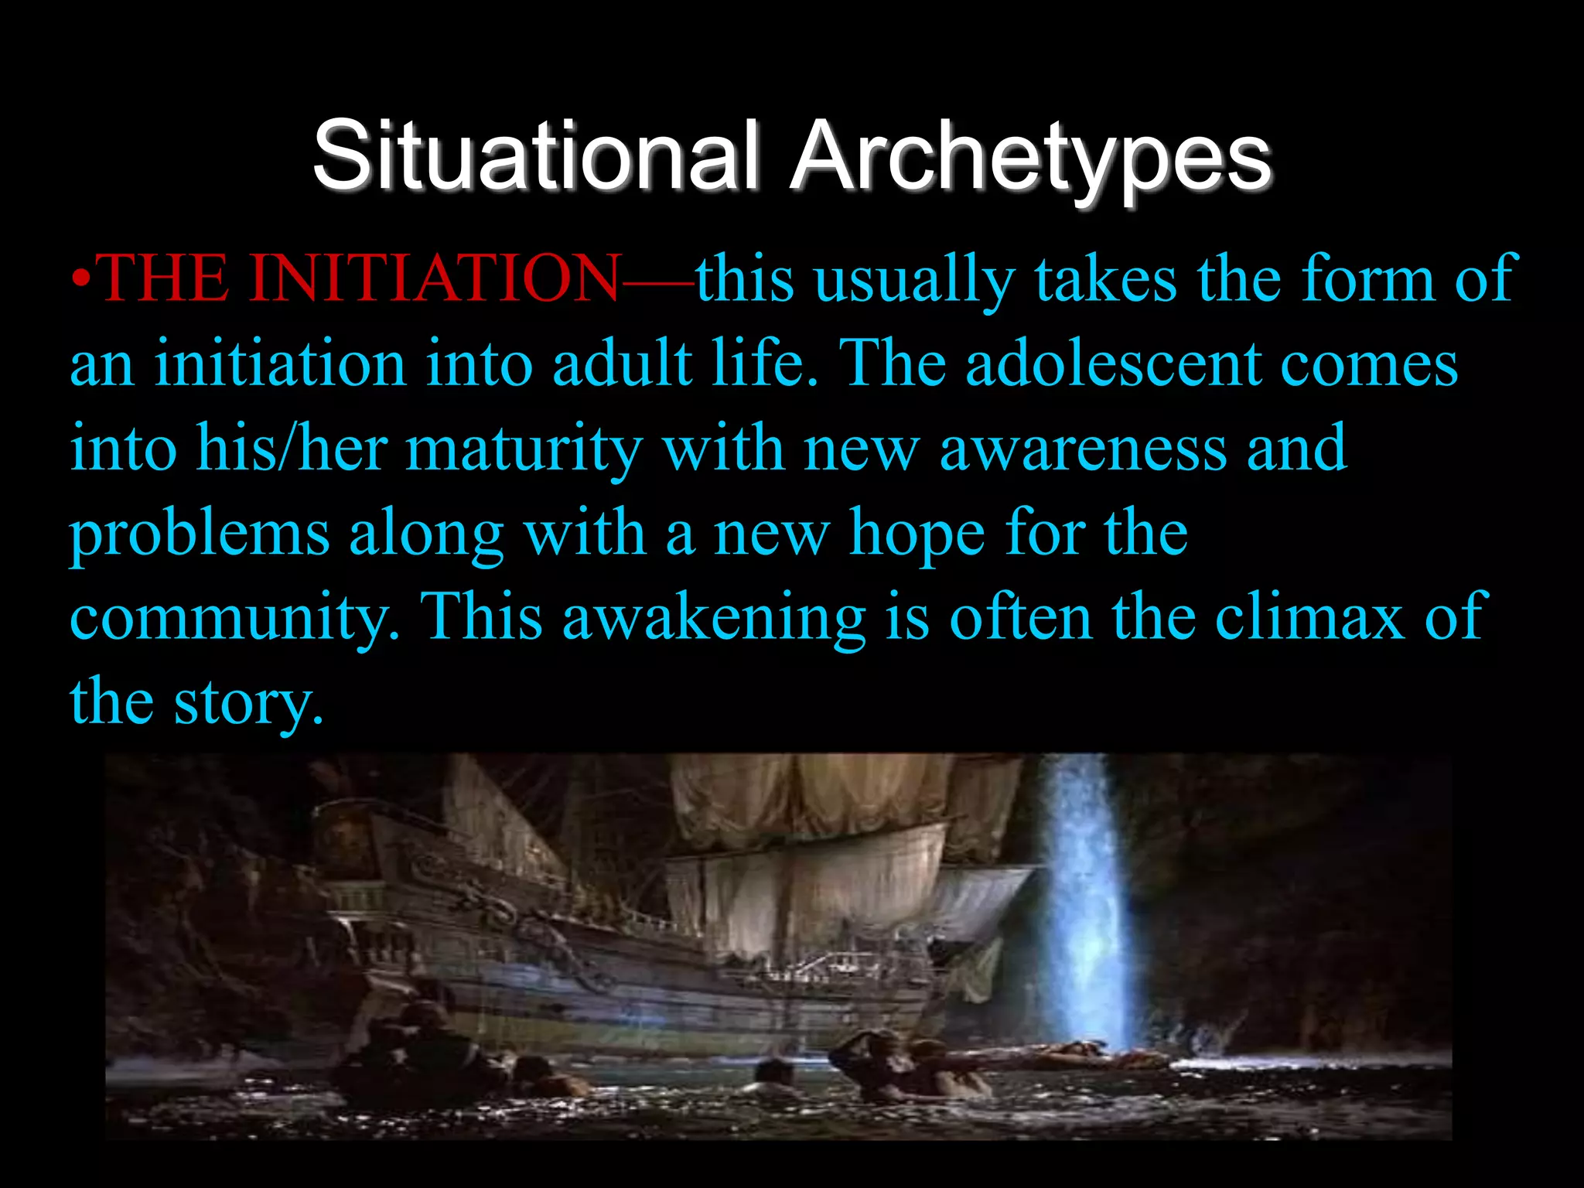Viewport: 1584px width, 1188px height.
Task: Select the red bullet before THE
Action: coord(81,278)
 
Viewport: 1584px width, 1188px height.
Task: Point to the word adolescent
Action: coord(1113,364)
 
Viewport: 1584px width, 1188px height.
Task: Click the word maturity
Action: coord(524,449)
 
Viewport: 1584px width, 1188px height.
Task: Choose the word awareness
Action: coord(1083,449)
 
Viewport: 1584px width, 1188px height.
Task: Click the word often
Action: coord(1020,617)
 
